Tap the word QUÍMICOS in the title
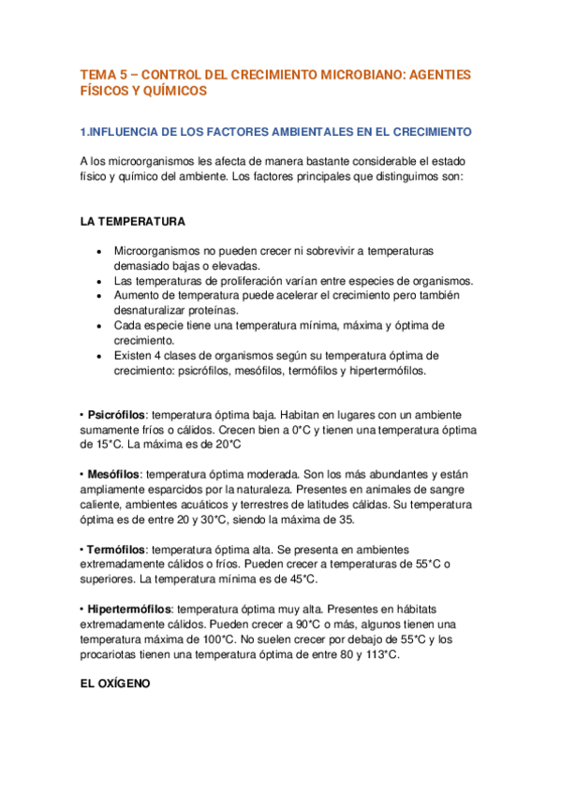click(x=171, y=91)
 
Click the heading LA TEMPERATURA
click(x=132, y=222)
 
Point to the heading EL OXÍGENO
click(x=115, y=684)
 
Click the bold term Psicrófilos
click(x=117, y=414)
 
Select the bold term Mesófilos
click(x=113, y=475)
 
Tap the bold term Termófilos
click(x=115, y=550)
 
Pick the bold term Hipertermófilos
click(x=130, y=610)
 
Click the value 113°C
click(x=379, y=654)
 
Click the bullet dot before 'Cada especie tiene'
click(x=99, y=326)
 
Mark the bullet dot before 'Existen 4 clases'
click(x=99, y=356)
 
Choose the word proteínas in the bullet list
click(x=213, y=310)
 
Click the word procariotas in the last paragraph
click(x=115, y=654)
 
